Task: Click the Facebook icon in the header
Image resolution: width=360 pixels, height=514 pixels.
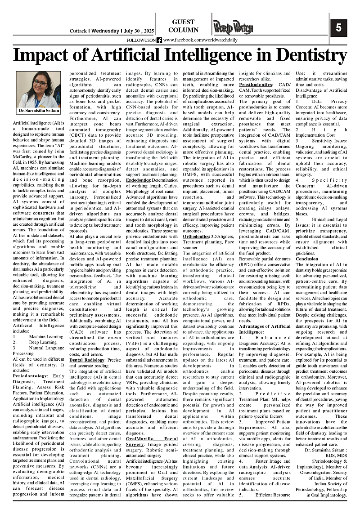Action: (x=159, y=40)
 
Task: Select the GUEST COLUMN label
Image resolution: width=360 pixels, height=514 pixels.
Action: (x=183, y=26)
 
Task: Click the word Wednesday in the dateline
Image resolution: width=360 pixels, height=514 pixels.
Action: (x=105, y=31)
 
